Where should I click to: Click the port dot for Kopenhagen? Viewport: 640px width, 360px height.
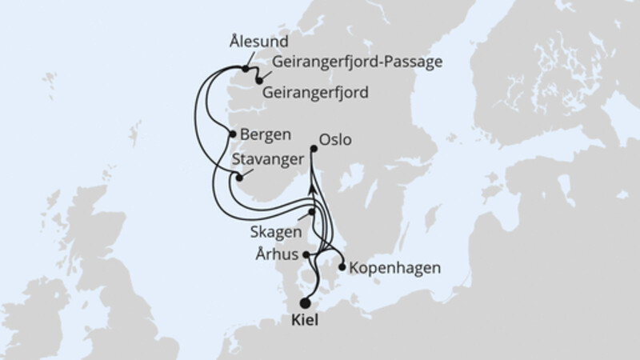[x=342, y=267]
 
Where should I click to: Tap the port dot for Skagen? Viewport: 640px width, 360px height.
[x=312, y=212]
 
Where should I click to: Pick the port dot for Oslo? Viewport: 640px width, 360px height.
[x=313, y=148]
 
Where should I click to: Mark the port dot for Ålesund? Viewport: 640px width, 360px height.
[x=246, y=69]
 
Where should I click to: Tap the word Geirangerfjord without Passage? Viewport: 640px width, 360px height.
[x=314, y=92]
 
